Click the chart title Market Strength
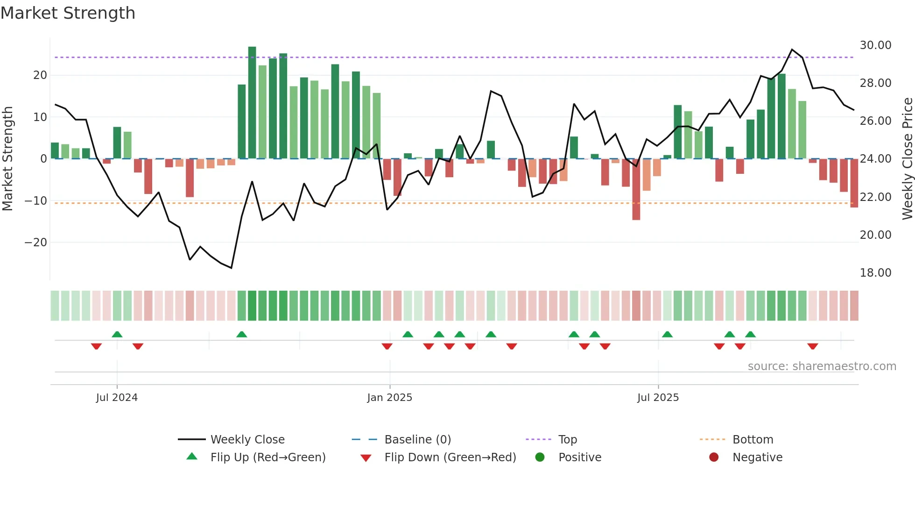click(68, 13)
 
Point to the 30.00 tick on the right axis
click(875, 45)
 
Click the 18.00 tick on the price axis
click(875, 273)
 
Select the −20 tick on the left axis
click(36, 243)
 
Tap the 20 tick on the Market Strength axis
click(40, 75)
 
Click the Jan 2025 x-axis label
click(389, 398)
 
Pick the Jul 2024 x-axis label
click(117, 398)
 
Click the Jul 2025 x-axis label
click(658, 398)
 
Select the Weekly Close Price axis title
click(907, 159)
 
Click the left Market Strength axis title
click(7, 159)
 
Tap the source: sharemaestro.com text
click(822, 366)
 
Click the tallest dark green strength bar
click(252, 103)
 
